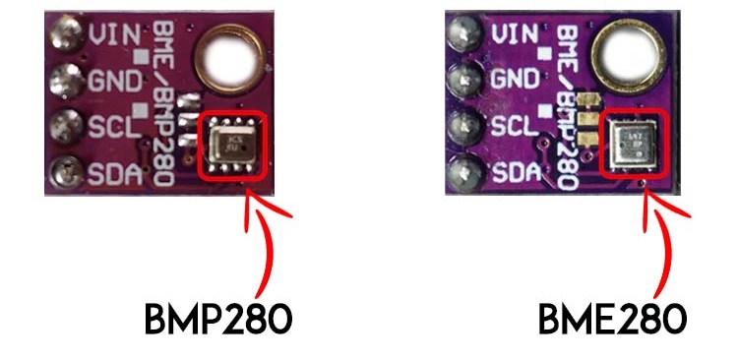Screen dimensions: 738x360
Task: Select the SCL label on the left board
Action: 111,127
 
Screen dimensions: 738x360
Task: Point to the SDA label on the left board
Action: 111,175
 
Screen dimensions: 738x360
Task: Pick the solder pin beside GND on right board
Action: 461,81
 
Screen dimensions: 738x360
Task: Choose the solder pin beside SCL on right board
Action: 461,128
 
